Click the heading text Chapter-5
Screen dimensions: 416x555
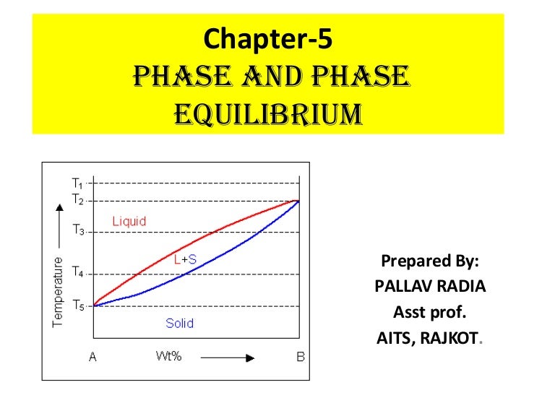[268, 38]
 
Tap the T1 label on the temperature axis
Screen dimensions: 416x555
[78, 183]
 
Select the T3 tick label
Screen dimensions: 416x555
[78, 232]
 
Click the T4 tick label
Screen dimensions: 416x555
[78, 274]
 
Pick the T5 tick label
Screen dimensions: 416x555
[78, 305]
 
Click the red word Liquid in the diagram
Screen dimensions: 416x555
[129, 222]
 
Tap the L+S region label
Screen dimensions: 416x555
[186, 259]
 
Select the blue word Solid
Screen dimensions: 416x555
[179, 323]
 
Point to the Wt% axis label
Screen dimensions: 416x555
[166, 356]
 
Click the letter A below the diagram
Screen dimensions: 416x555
[92, 356]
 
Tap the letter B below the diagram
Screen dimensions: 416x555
[300, 356]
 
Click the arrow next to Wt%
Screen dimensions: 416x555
[228, 357]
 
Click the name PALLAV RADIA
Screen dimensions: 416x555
[430, 287]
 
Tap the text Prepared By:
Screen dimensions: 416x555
[430, 261]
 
